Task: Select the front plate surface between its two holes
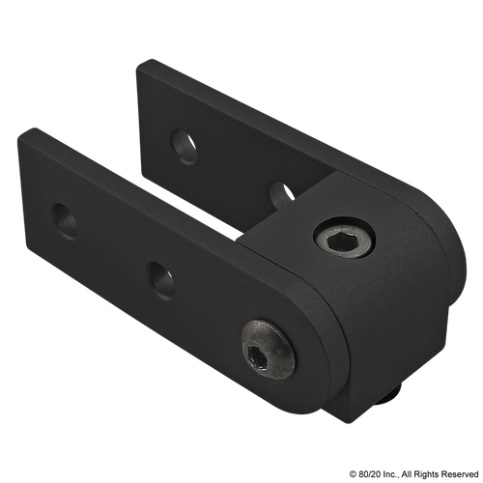pyautogui.click(x=111, y=246)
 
